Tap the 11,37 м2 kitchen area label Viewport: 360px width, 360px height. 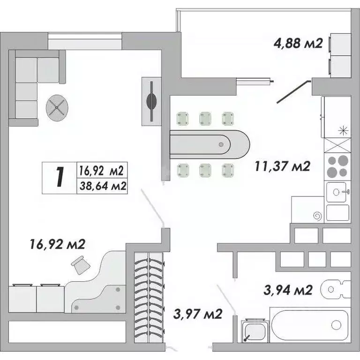(x=282, y=166)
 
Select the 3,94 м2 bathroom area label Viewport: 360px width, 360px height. (x=287, y=290)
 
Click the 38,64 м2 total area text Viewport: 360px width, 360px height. (x=102, y=186)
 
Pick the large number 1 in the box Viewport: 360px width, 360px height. (x=59, y=178)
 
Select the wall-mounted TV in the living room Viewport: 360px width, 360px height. (x=152, y=101)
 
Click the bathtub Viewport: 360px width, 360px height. (x=309, y=324)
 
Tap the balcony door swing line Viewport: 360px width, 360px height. (x=293, y=92)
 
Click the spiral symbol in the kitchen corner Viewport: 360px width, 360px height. (x=317, y=216)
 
